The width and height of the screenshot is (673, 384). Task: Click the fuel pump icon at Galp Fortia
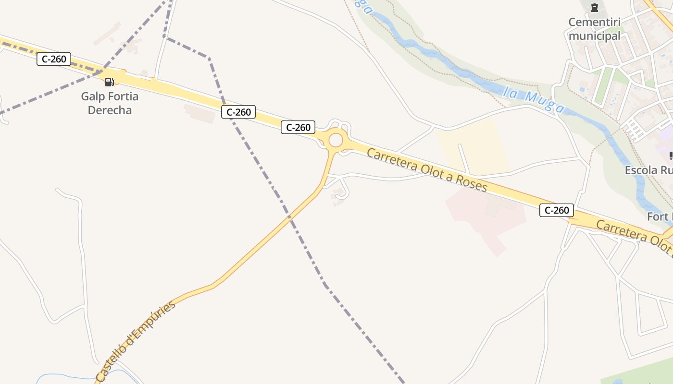[x=110, y=82]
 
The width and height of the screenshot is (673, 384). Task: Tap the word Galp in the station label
[x=92, y=96]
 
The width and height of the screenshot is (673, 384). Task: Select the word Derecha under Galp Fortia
[x=110, y=110]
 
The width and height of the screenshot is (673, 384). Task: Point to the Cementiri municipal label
[x=595, y=29]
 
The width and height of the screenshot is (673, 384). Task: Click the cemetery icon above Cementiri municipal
[x=595, y=8]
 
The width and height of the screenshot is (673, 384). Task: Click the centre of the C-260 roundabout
[x=336, y=141]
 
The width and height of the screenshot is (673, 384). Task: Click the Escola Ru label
[x=648, y=170]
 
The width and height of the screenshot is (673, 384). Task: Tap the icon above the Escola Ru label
[x=671, y=156]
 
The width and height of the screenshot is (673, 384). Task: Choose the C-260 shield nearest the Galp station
[x=54, y=59]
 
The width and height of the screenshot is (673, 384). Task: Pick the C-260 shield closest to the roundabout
[x=298, y=127]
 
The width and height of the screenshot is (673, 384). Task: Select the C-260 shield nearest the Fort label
[x=556, y=210]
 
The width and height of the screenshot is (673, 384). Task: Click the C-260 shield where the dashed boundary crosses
[x=238, y=112]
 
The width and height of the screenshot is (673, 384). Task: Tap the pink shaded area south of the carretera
[x=486, y=216]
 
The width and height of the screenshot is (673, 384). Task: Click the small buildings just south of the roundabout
[x=338, y=194]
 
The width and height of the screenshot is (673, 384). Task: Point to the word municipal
[x=595, y=36]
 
